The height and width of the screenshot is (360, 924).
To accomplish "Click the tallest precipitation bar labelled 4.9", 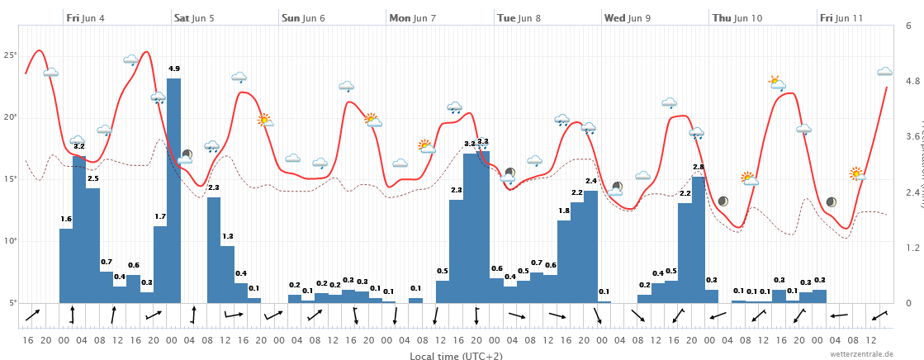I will coord(173,190).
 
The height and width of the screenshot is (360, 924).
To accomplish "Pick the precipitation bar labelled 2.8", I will coord(699,239).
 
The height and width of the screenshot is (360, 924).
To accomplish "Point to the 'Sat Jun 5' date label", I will coord(194,17).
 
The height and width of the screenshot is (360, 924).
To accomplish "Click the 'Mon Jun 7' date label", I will coord(412,17).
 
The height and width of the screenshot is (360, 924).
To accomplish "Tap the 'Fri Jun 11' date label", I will coord(841,17).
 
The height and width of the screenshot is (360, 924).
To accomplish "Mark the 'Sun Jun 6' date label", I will coord(303,17).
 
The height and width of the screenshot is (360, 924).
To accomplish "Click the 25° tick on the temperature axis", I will coord(10,55).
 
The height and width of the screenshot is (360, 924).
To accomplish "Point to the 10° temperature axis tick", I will coord(10,241).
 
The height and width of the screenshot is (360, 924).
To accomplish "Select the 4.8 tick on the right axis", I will coord(913,81).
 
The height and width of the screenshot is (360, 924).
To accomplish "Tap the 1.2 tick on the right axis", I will coord(913,248).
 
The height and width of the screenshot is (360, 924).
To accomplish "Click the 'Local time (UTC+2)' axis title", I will coord(456,356).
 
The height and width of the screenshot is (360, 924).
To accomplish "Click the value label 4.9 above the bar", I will coord(173,69).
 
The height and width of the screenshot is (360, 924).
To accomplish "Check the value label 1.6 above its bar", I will coord(66,219).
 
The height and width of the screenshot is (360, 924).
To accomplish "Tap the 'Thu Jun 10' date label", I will coord(737,17).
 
